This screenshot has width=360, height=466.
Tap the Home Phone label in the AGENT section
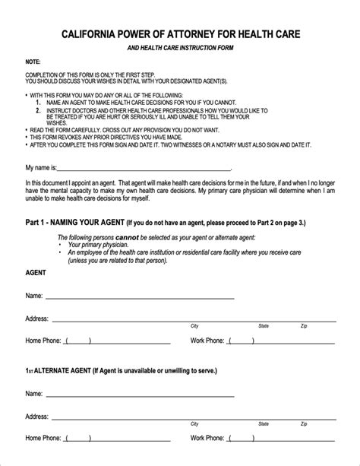(44, 341)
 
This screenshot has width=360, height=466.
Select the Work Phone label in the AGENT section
(207, 341)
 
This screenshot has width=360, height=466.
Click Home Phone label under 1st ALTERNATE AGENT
(44, 438)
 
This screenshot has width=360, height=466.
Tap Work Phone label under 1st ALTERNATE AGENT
(207, 438)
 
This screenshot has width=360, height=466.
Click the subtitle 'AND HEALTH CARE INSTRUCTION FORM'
(181, 48)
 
